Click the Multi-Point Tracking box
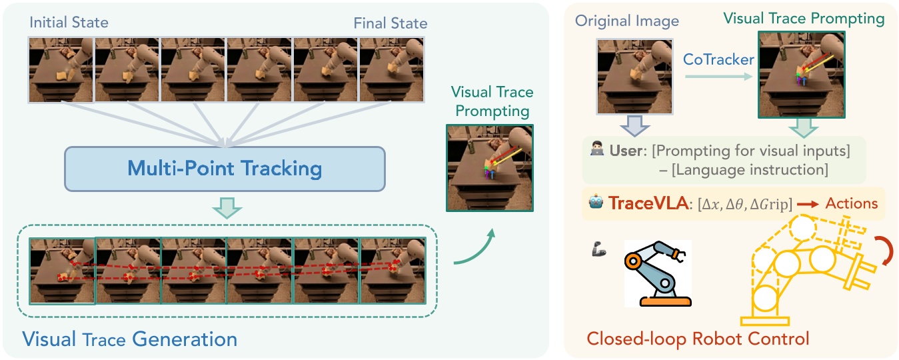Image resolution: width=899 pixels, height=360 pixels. (x=225, y=167)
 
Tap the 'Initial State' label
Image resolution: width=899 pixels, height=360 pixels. (x=69, y=23)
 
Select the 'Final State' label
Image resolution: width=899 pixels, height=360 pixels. (x=390, y=23)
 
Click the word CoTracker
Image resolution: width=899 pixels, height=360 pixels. (x=718, y=59)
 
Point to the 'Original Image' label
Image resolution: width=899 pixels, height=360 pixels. (x=627, y=21)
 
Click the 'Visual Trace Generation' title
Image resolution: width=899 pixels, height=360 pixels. (x=130, y=339)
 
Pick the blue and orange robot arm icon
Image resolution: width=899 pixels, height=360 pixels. (x=658, y=273)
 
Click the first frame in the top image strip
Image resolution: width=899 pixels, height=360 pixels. (x=61, y=69)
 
